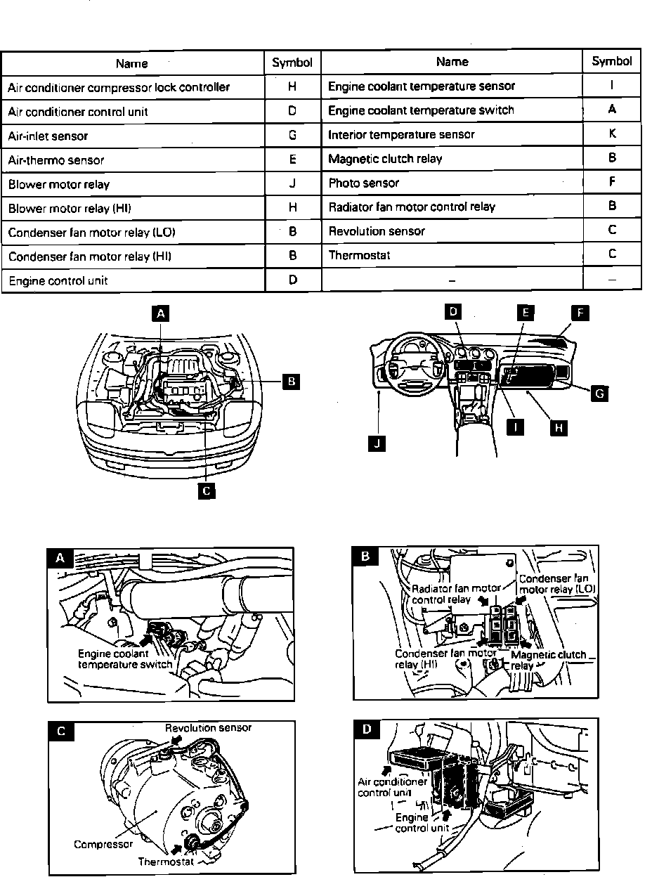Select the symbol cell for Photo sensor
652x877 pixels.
point(612,182)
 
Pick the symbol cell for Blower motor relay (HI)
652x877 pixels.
point(292,208)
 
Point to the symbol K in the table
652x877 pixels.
point(612,134)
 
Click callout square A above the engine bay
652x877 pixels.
point(162,314)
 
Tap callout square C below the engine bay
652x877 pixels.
point(206,491)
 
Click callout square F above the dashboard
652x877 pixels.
point(579,313)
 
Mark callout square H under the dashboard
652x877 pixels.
point(559,427)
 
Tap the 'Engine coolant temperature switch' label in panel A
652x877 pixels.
point(124,658)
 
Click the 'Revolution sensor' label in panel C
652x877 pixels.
point(208,727)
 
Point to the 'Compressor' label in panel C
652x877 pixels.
point(103,844)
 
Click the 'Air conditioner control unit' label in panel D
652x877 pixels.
point(392,787)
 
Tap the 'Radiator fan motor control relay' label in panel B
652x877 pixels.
point(456,594)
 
